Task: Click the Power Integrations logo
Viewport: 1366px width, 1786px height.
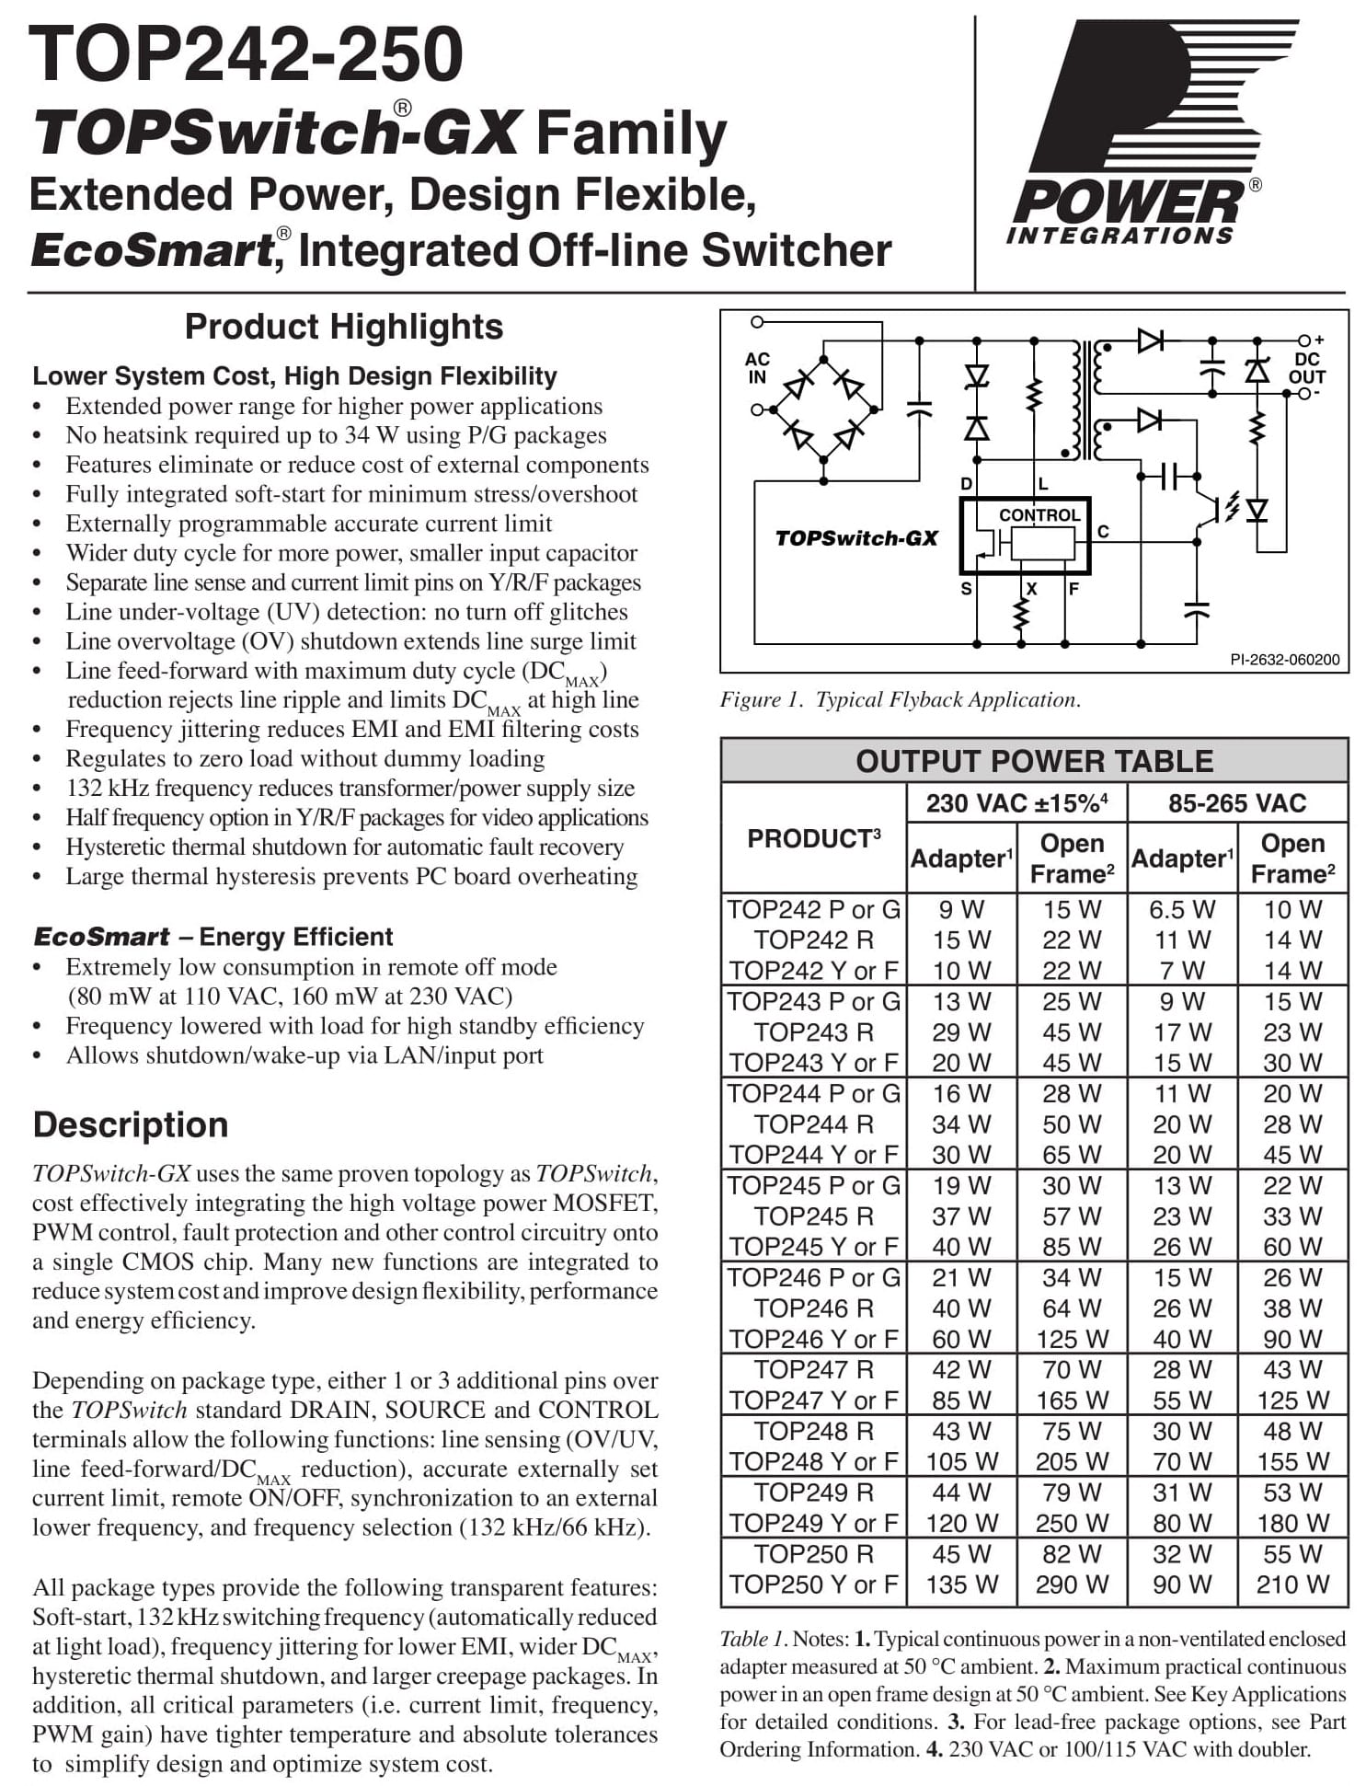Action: point(1137,133)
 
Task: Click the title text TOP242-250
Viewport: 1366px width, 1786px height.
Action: point(246,54)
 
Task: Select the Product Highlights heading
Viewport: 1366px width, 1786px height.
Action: point(343,327)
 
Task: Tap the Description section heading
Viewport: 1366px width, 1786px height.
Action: point(131,1124)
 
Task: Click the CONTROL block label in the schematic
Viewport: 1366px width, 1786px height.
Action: point(1039,515)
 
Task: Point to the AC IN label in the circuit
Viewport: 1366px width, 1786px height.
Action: point(757,368)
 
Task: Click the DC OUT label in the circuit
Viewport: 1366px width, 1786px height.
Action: point(1306,368)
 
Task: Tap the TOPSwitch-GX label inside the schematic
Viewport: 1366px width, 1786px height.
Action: point(856,538)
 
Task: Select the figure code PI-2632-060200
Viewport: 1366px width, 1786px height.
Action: point(1284,659)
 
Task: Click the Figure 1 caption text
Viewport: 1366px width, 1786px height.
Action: point(900,699)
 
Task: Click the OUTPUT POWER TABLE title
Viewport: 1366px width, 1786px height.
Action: point(1034,761)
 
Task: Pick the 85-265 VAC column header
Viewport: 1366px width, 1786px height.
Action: point(1236,803)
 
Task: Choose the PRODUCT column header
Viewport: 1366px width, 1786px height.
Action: point(813,838)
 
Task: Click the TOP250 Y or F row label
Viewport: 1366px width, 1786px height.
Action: point(813,1584)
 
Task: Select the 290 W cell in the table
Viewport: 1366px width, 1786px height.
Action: point(1072,1584)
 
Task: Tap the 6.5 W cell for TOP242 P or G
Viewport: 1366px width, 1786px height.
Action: point(1181,909)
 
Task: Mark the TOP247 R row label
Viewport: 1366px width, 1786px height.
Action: point(813,1369)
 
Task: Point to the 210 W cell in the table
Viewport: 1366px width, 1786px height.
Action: point(1292,1584)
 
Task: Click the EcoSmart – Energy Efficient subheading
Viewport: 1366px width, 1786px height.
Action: point(212,937)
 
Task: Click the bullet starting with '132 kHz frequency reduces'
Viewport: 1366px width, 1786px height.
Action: point(350,788)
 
